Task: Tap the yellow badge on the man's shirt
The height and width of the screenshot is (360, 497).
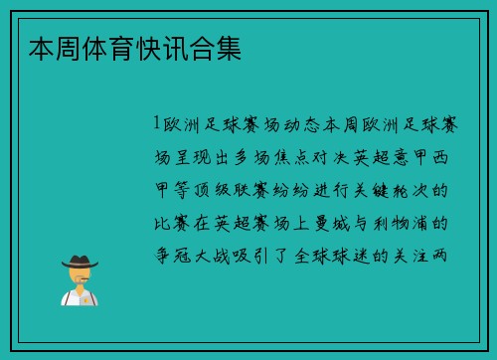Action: point(85,297)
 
